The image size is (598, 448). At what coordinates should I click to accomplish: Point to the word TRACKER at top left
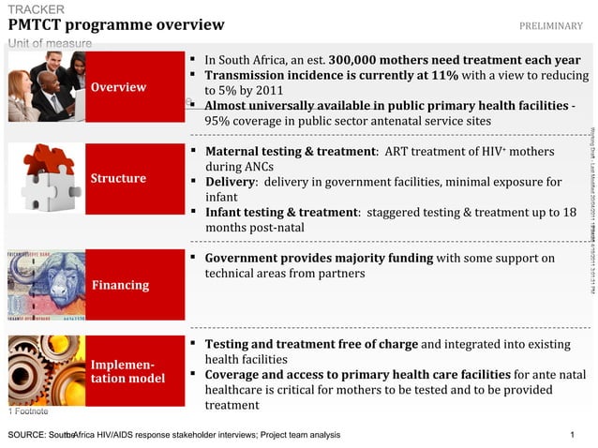pyautogui.click(x=37, y=9)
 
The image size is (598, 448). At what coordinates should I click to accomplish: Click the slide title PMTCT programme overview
pyautogui.click(x=116, y=25)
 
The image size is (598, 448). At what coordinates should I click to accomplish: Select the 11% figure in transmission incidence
pyautogui.click(x=446, y=75)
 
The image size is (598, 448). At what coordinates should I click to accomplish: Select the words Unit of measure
pyautogui.click(x=51, y=44)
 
